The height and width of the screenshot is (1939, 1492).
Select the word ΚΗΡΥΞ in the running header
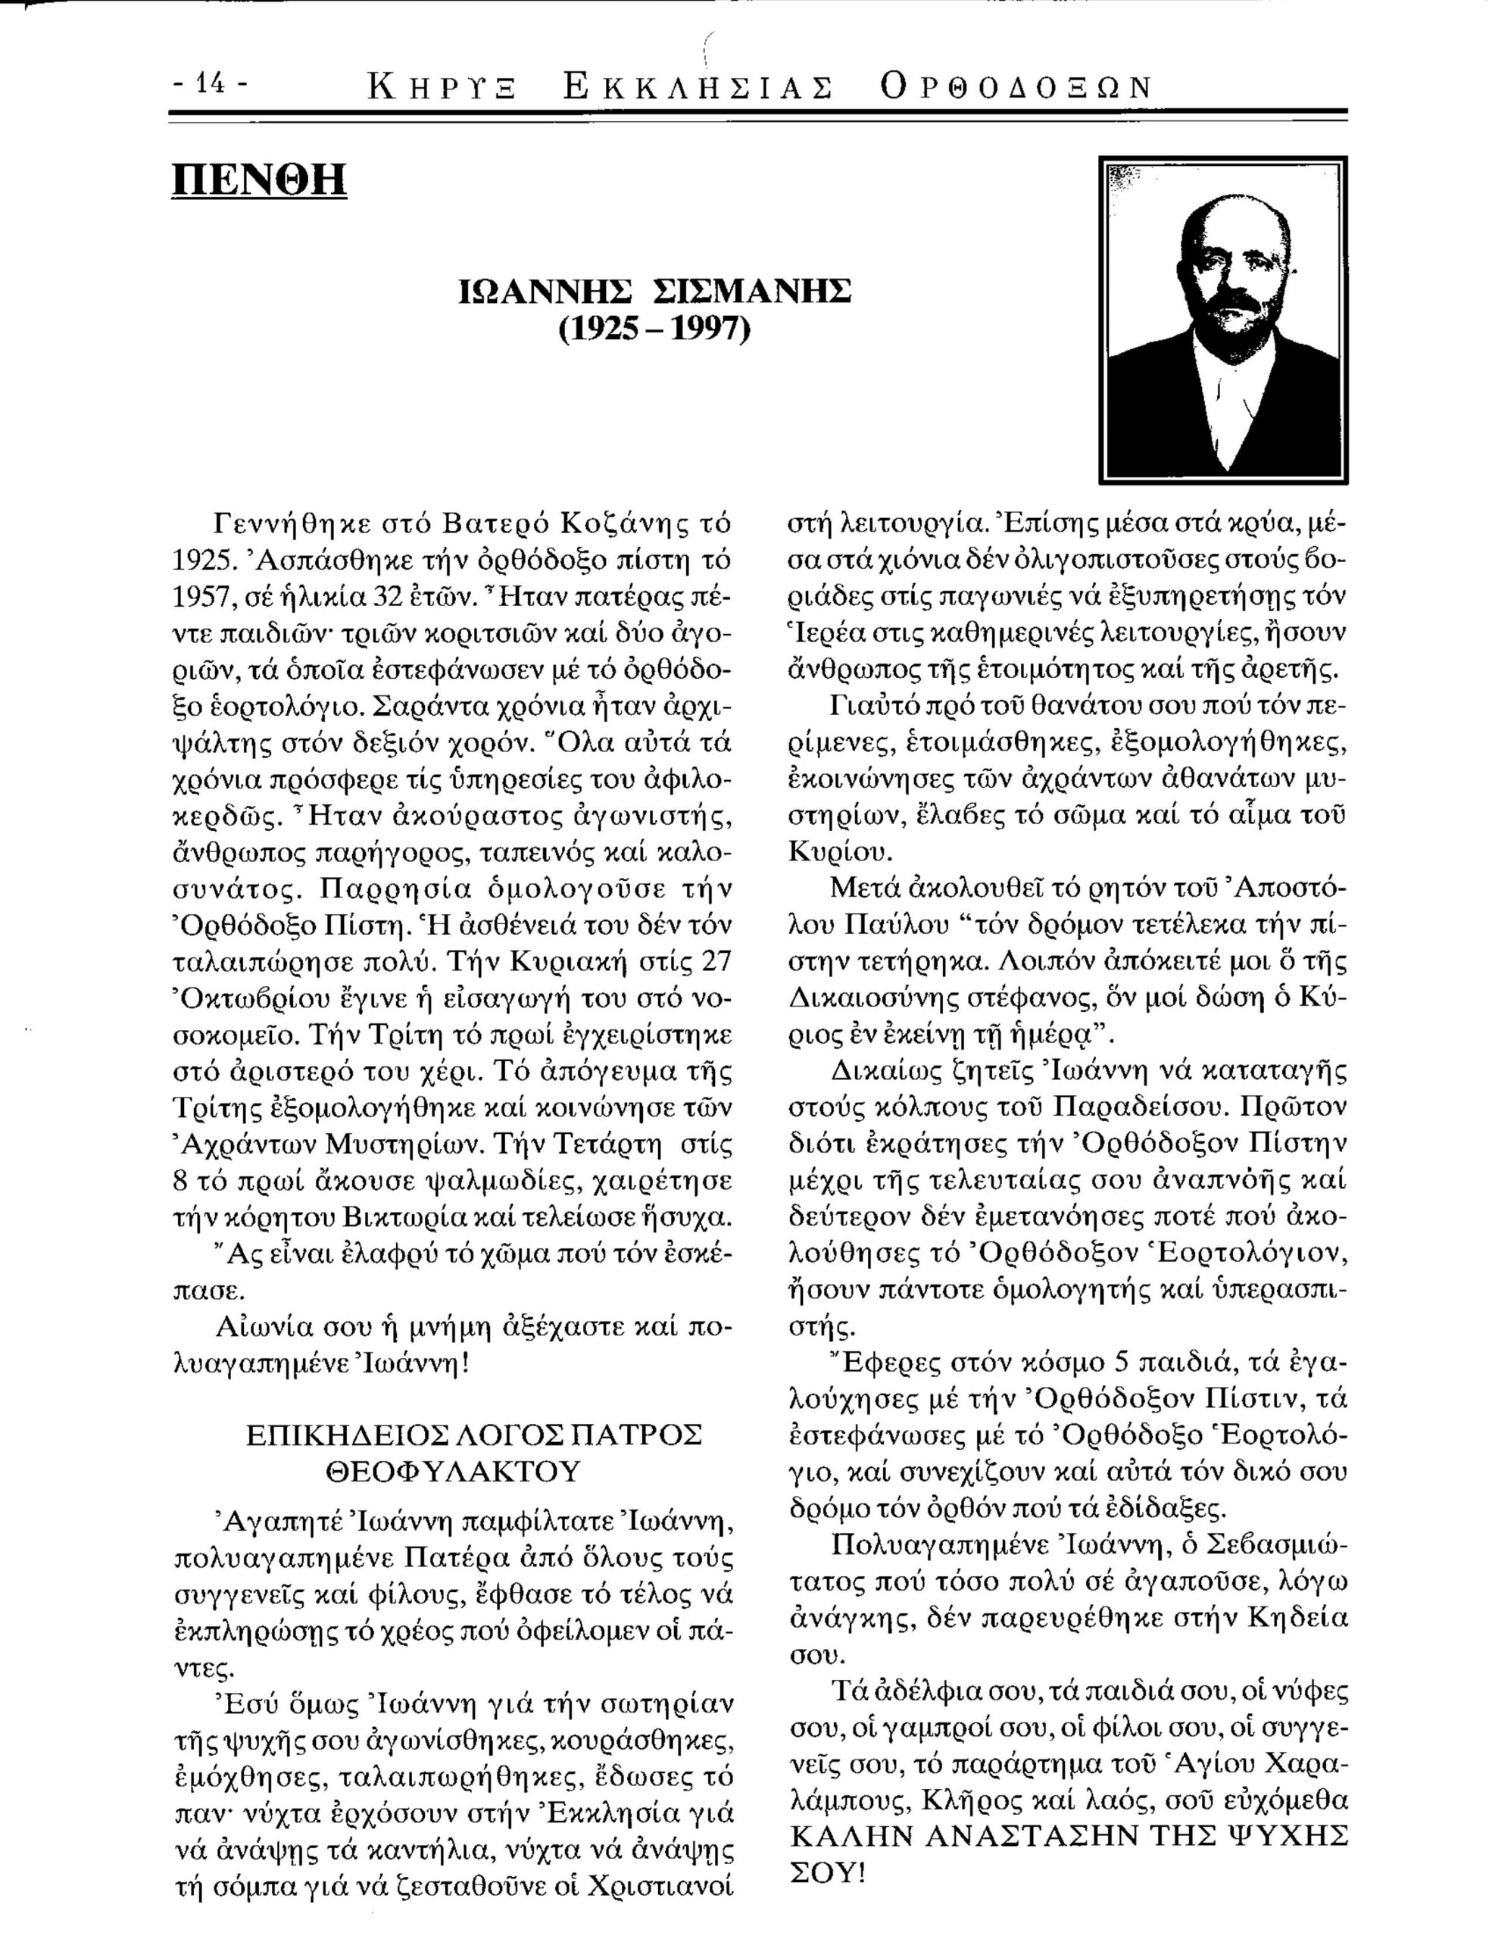444,87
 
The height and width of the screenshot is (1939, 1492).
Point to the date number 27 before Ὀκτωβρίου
716,963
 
